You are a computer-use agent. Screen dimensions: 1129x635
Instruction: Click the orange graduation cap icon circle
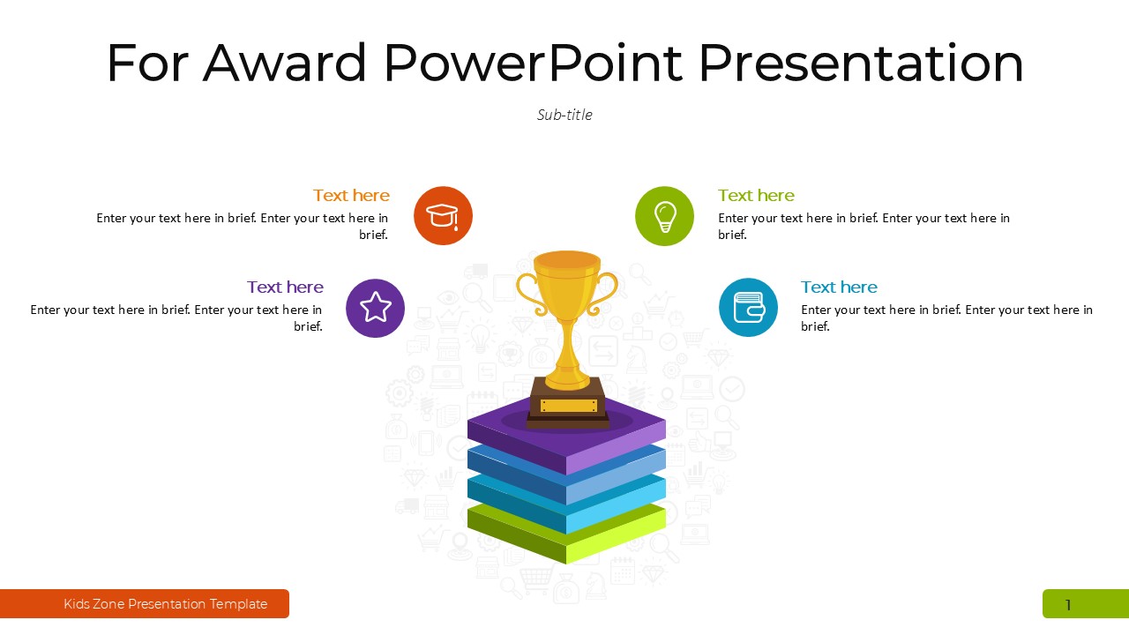(x=443, y=216)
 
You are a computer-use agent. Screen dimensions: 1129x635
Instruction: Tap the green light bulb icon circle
(x=664, y=216)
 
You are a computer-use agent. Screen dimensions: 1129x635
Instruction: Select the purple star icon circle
(x=375, y=308)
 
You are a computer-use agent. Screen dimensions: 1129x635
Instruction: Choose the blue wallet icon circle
(x=748, y=308)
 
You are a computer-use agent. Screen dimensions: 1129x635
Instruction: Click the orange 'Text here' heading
(x=351, y=196)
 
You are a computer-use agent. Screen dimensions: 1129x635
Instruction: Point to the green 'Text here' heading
(x=756, y=196)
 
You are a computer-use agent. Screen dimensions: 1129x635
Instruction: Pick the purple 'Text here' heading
(x=285, y=288)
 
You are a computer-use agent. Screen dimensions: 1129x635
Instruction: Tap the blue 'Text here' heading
(x=839, y=288)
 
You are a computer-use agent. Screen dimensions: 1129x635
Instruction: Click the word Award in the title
(x=284, y=63)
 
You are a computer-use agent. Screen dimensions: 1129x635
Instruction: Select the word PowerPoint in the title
(x=533, y=63)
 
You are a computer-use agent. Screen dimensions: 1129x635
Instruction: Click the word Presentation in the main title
(x=862, y=63)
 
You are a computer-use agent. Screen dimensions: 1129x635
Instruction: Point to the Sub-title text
(x=564, y=115)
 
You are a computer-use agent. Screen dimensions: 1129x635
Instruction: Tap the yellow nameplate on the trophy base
(x=569, y=405)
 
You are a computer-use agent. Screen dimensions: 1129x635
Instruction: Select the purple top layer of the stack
(x=566, y=435)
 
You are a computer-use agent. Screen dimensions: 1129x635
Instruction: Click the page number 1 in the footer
(x=1068, y=605)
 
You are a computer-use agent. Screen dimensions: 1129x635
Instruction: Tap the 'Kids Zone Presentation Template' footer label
(x=165, y=604)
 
